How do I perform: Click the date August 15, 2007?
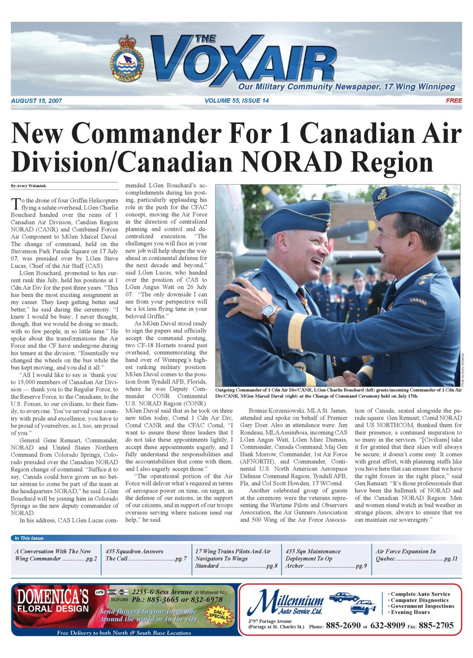pyautogui.click(x=36, y=101)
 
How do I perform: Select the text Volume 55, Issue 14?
pyautogui.click(x=236, y=101)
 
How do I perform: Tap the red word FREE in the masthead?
pyautogui.click(x=454, y=101)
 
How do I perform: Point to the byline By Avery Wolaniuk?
pyautogui.click(x=30, y=185)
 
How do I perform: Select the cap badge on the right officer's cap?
pyautogui.click(x=382, y=194)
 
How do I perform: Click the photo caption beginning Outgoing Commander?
pyautogui.click(x=338, y=393)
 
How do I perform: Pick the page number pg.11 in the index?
pyautogui.click(x=450, y=559)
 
